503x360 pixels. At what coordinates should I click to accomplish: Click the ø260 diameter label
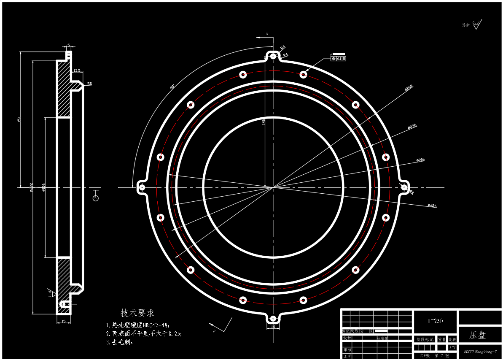tap(409, 87)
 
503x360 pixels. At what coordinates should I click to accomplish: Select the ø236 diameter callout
tap(412, 126)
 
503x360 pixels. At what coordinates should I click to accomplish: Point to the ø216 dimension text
tap(420, 160)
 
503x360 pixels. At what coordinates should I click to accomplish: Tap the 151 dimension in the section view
tap(19, 119)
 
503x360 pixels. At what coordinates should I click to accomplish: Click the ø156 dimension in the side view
tap(44, 187)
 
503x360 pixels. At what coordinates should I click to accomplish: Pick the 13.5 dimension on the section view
tap(77, 70)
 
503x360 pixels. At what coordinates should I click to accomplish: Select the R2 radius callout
tap(89, 84)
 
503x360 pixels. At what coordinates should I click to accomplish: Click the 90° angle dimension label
tap(172, 87)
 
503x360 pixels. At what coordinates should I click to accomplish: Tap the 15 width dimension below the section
tap(63, 322)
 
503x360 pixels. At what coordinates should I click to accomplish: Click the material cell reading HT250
tap(435, 321)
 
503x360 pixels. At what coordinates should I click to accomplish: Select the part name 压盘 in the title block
tap(478, 335)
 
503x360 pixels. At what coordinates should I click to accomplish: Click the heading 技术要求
tap(137, 313)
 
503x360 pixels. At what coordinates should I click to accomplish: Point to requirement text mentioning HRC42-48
tap(138, 325)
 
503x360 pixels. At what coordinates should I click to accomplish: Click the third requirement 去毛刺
tap(120, 342)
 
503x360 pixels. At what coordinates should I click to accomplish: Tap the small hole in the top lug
tap(273, 56)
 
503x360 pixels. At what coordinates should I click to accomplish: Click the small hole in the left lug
tap(142, 187)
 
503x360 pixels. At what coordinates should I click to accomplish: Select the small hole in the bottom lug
tap(273, 318)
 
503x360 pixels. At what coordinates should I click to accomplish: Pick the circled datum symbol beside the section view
tap(95, 198)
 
